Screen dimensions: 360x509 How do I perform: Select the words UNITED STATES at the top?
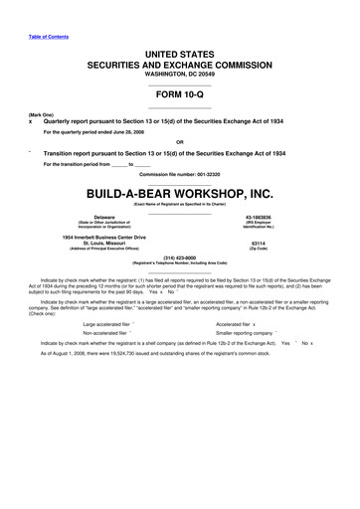179,49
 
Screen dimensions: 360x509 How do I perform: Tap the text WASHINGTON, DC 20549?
179,74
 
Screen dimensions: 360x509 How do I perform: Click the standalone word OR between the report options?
179,140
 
